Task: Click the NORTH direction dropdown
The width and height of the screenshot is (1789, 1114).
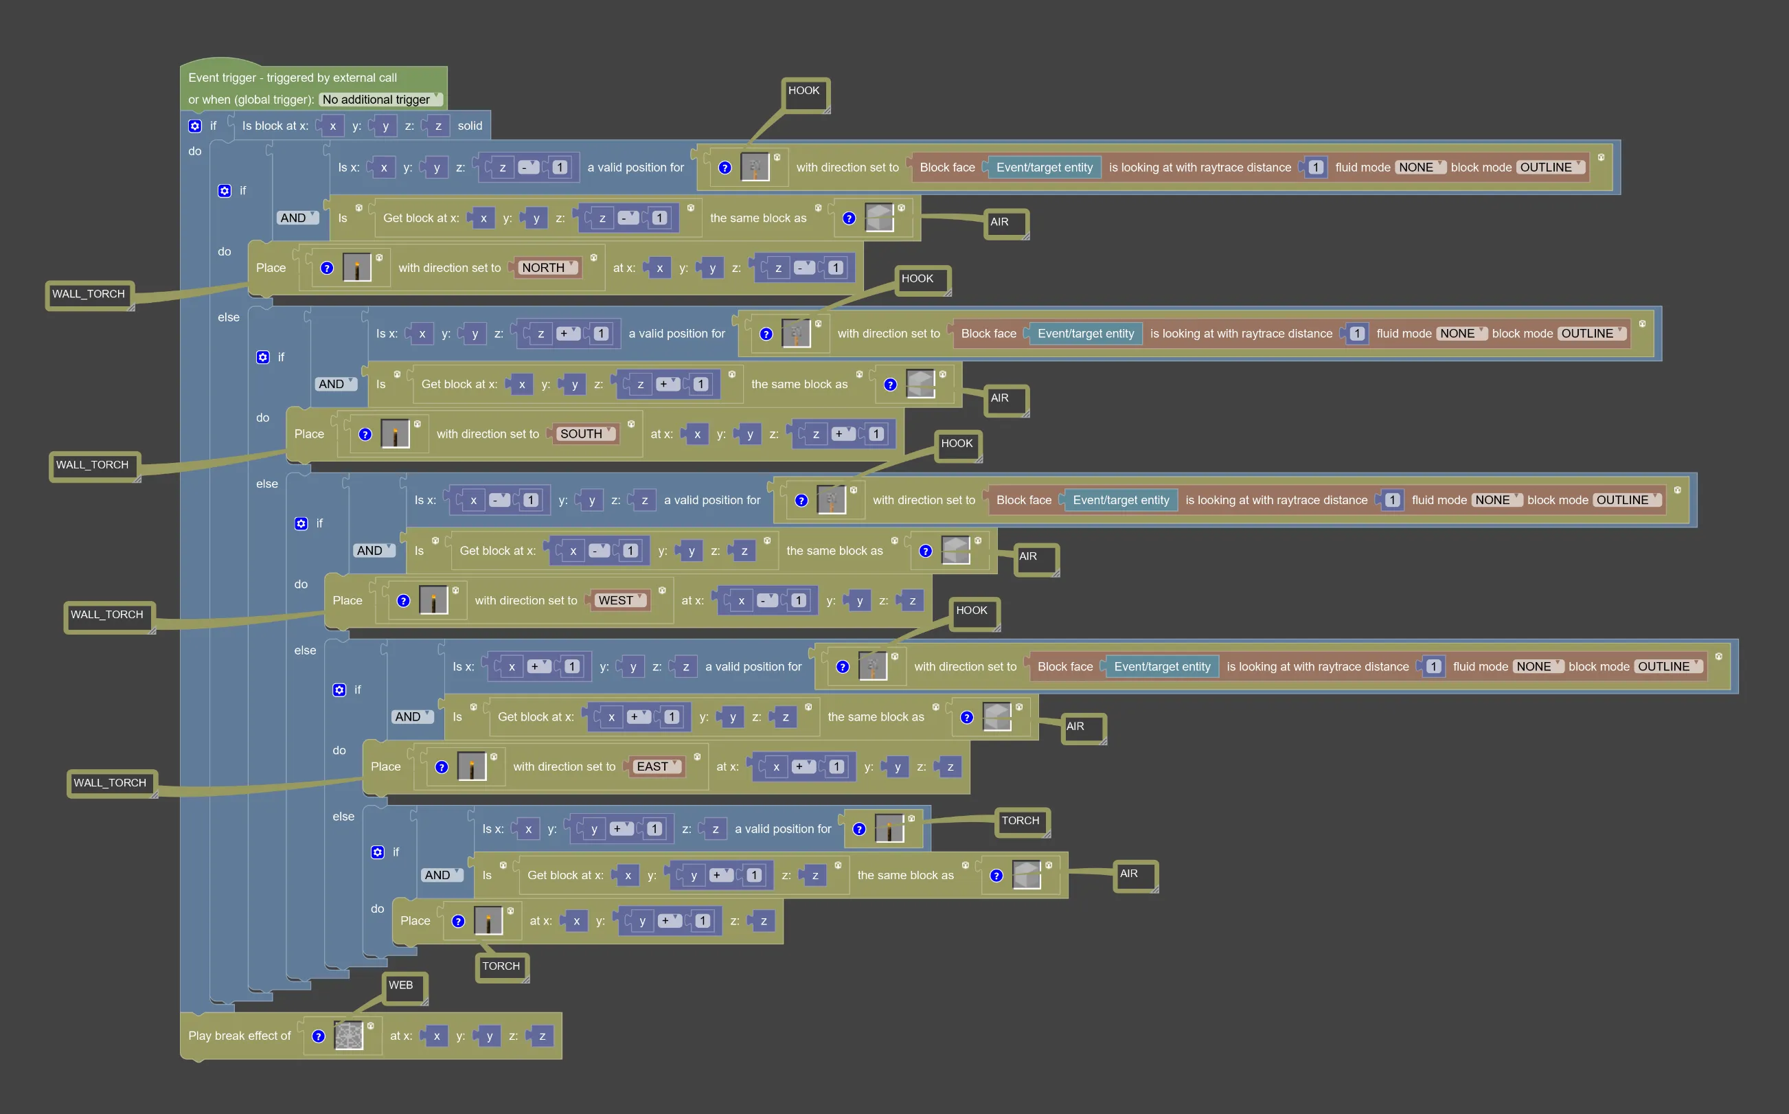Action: tap(548, 268)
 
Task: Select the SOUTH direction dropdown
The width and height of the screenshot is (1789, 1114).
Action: tap(586, 434)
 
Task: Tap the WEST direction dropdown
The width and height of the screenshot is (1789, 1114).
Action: tap(621, 600)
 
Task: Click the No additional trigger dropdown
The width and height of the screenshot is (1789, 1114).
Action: tap(380, 100)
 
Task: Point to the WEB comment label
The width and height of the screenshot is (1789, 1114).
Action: tap(404, 987)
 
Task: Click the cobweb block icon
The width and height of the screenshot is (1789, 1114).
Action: tap(349, 1035)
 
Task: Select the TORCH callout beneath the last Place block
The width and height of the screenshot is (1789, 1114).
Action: tap(502, 968)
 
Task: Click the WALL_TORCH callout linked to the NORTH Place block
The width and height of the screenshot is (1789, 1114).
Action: tap(89, 295)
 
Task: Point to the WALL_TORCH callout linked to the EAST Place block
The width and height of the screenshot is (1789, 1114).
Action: tap(111, 784)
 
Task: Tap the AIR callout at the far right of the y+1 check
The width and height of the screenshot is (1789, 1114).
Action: tap(1135, 876)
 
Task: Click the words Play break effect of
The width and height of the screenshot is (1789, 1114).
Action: tap(240, 1036)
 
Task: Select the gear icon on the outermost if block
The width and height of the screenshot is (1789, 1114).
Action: tap(194, 126)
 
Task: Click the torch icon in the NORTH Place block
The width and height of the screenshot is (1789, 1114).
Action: tap(357, 267)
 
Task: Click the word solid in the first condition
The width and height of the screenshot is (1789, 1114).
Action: tap(470, 126)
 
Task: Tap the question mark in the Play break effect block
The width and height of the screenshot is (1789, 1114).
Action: tap(318, 1036)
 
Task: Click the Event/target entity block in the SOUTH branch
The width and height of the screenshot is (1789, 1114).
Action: tap(1086, 334)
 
